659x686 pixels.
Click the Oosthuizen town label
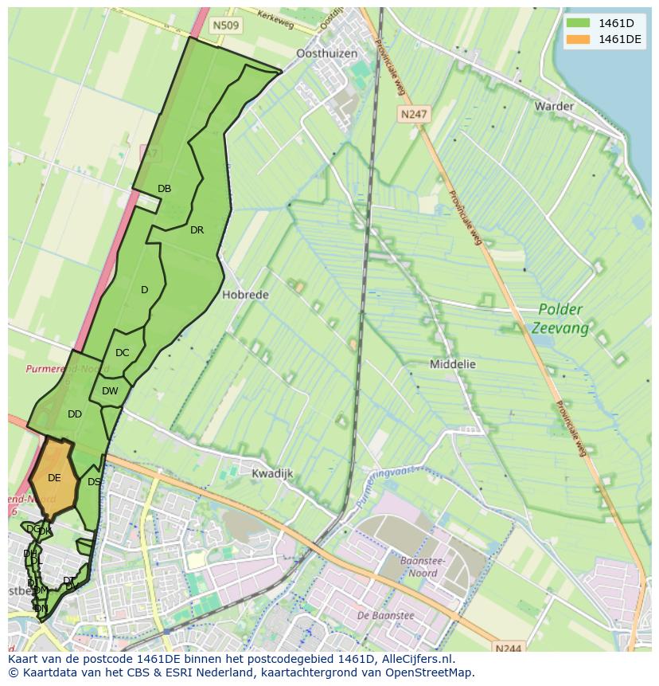pyautogui.click(x=326, y=53)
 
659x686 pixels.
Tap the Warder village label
pyautogui.click(x=554, y=106)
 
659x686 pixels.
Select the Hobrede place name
pyautogui.click(x=245, y=295)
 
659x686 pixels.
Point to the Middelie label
pyautogui.click(x=452, y=364)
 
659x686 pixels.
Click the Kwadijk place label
pyautogui.click(x=272, y=473)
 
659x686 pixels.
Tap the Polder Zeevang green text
pyautogui.click(x=562, y=319)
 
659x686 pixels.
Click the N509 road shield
pyautogui.click(x=227, y=25)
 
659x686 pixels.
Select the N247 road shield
pyautogui.click(x=414, y=114)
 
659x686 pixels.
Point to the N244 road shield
pyautogui.click(x=507, y=649)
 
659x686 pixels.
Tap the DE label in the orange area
pyautogui.click(x=54, y=478)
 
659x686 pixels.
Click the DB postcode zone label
pyautogui.click(x=164, y=189)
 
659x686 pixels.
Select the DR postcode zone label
pyautogui.click(x=197, y=230)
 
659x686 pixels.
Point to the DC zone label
pyautogui.click(x=122, y=353)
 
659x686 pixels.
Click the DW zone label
pyautogui.click(x=110, y=390)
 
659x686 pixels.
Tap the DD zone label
pyautogui.click(x=75, y=414)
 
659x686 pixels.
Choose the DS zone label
pyautogui.click(x=94, y=482)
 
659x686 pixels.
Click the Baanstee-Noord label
pyautogui.click(x=423, y=566)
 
